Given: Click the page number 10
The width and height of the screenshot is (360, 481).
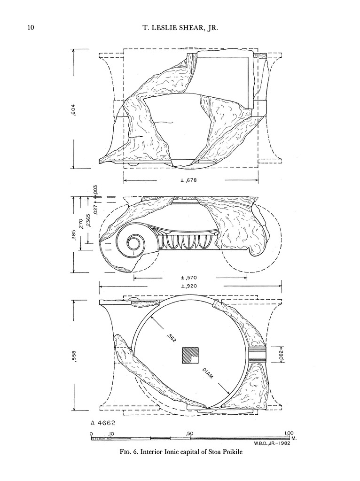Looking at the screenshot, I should tap(31, 27).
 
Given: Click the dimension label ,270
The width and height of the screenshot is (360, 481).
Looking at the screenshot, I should tap(82, 225).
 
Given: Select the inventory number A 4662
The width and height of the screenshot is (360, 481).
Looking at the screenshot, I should tap(103, 423).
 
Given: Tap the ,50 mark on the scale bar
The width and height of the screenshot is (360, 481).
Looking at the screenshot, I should tap(190, 433).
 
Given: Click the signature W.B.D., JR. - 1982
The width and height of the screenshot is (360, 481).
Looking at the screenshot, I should tap(268, 443).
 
